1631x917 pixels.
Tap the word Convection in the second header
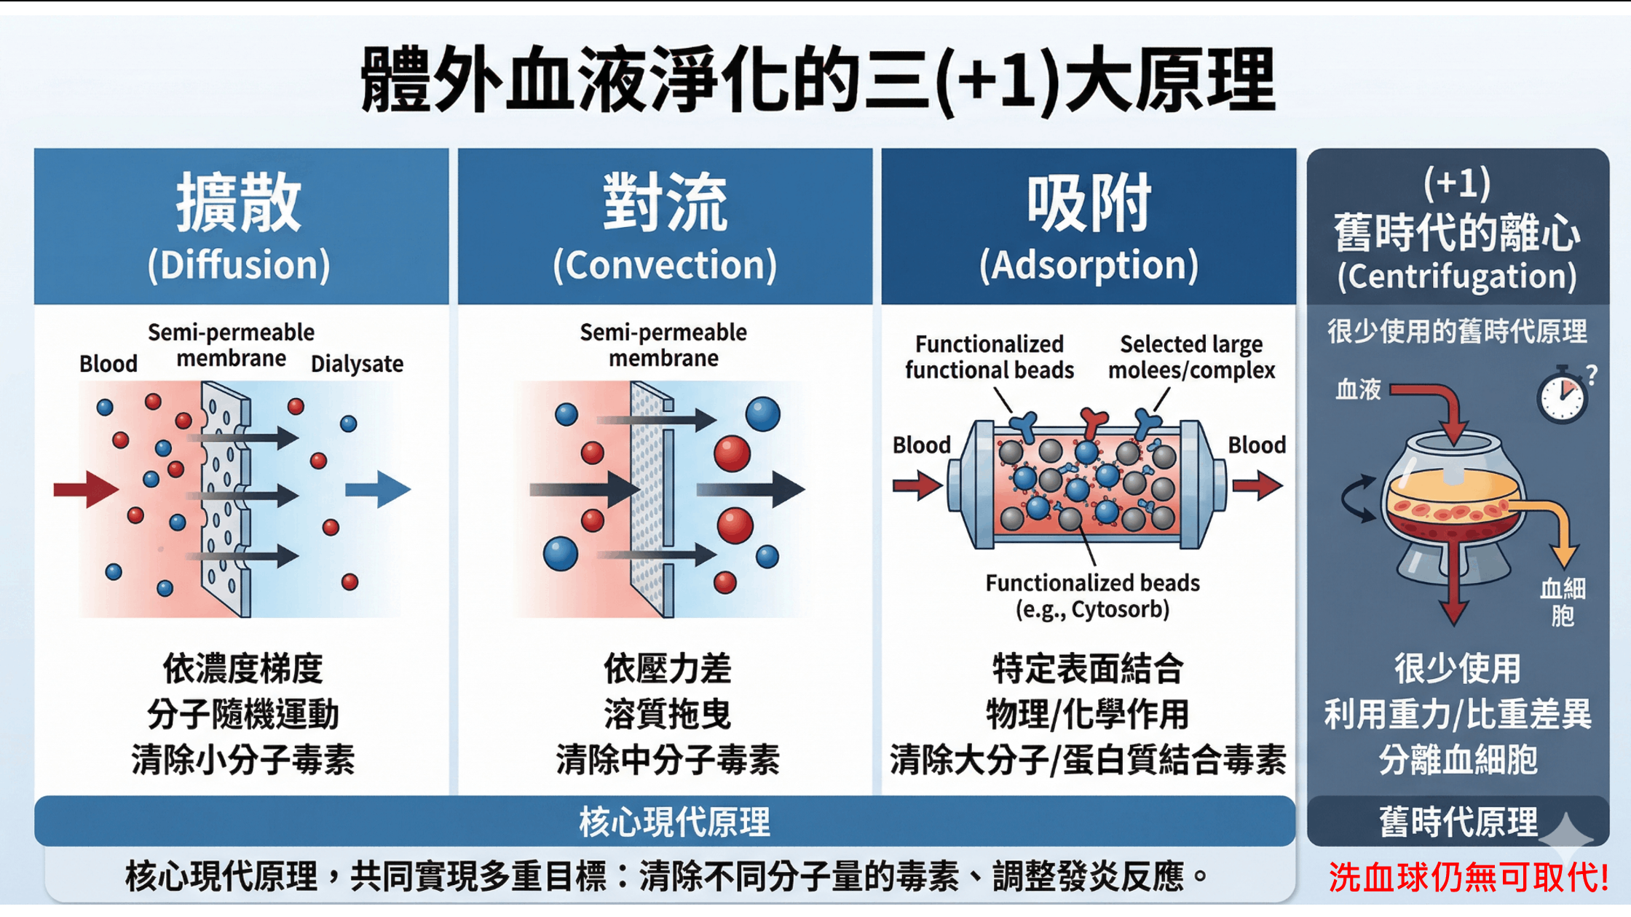tap(665, 265)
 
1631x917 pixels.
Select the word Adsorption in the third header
tap(1089, 265)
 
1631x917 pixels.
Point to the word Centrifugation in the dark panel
tap(1457, 277)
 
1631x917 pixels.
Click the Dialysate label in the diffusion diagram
tap(357, 364)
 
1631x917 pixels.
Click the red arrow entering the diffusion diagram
tap(86, 489)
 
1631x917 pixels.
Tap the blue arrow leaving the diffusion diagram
tap(378, 489)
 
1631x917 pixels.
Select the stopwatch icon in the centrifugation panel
tap(1563, 394)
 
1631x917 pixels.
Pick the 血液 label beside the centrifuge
tap(1358, 389)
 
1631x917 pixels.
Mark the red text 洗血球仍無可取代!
tap(1469, 878)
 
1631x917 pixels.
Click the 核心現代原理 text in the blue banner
tap(674, 822)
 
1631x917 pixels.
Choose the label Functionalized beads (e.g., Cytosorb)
tap(1092, 596)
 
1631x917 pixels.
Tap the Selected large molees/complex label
tap(1191, 357)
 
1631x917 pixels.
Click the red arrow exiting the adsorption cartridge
tap(1257, 485)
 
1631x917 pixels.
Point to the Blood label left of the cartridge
tap(922, 445)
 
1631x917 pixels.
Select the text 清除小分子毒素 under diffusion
tap(243, 760)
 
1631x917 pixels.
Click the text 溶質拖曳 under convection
tap(667, 714)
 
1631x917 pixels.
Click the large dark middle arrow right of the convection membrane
tap(751, 489)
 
